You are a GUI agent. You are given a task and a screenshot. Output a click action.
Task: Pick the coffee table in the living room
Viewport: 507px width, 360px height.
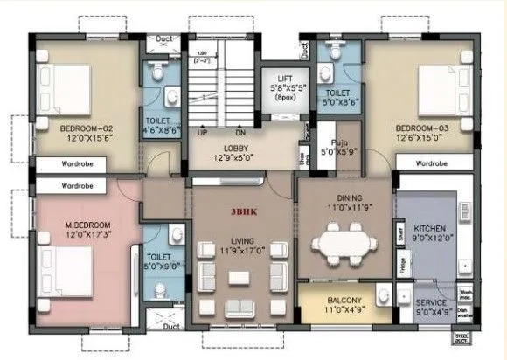(x=240, y=278)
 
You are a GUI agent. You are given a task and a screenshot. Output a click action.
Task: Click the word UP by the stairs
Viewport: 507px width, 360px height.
(x=202, y=132)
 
